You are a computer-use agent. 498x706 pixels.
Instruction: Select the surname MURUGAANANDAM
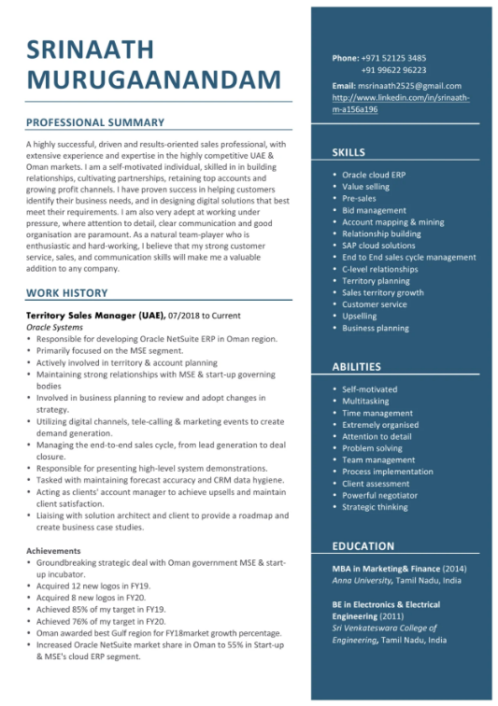click(x=153, y=79)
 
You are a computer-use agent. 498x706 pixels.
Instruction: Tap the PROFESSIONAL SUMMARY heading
click(x=95, y=122)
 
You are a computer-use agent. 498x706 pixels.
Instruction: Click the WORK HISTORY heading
click(x=67, y=293)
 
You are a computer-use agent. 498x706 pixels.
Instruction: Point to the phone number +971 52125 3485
click(x=392, y=58)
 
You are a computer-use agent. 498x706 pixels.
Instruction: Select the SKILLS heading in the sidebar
click(x=349, y=152)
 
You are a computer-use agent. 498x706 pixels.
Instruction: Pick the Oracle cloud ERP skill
click(x=373, y=175)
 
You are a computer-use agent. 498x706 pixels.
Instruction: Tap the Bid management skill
click(x=374, y=210)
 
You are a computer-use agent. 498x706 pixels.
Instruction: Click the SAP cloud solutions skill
click(x=379, y=246)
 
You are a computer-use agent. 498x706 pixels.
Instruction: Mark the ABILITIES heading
click(x=356, y=367)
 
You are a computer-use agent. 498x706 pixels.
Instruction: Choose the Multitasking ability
click(x=365, y=401)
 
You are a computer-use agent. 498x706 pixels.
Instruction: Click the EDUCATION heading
click(x=363, y=546)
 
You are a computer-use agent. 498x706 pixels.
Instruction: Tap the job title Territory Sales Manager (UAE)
click(x=95, y=316)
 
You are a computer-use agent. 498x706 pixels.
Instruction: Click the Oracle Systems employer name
click(x=54, y=328)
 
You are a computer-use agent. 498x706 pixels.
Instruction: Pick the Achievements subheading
click(x=53, y=551)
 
